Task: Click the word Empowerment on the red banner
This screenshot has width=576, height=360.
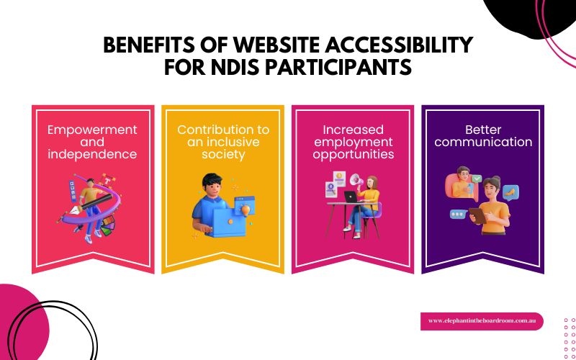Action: (92, 130)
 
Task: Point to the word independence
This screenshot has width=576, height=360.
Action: (92, 154)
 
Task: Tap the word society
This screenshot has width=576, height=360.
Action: (223, 154)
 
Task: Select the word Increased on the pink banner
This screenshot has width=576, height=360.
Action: (352, 130)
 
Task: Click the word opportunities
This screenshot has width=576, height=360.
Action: (352, 154)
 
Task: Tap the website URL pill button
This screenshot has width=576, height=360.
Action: (481, 321)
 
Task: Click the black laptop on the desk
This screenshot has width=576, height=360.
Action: (351, 196)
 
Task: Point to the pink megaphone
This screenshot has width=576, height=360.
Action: (356, 181)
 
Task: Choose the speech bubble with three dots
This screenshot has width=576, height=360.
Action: (458, 214)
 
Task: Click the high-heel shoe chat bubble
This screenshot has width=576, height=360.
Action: (510, 192)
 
